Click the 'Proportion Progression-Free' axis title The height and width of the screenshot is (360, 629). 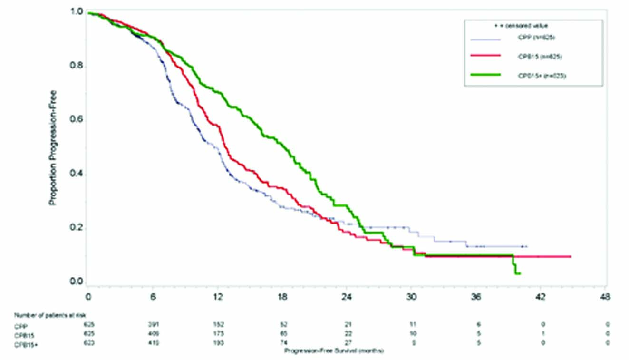53,147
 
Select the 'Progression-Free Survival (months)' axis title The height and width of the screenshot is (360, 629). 333,351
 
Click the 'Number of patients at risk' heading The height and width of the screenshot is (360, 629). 50,315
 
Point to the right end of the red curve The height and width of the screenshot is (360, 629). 570,256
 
